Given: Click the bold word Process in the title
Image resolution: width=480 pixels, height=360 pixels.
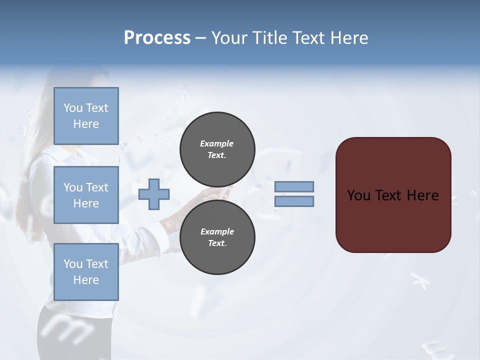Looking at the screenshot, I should [x=157, y=38].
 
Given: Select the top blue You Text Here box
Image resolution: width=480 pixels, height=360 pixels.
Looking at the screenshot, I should [x=86, y=116].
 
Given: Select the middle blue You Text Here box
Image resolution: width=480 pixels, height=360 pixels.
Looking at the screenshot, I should [x=86, y=195].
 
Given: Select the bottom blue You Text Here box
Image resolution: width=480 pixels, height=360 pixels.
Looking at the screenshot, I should [x=86, y=272].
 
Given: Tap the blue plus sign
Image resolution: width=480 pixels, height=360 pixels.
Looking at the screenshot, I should [x=154, y=194].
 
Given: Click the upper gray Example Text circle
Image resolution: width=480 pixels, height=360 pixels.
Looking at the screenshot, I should [x=217, y=149].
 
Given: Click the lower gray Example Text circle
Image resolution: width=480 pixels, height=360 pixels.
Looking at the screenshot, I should [x=217, y=237].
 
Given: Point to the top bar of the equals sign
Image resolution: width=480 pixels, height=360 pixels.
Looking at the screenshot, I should [x=294, y=187].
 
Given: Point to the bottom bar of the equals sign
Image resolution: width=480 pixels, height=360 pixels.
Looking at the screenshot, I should [x=294, y=201].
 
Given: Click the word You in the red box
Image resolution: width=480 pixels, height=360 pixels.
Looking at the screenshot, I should [x=358, y=195].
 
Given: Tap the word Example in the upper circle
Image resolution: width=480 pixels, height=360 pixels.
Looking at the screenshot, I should [x=217, y=143].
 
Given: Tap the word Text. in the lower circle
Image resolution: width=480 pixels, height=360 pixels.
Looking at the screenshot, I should [x=217, y=243].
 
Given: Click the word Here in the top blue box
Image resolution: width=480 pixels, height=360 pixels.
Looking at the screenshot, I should [x=86, y=124].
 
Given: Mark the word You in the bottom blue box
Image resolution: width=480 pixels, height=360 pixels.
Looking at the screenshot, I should [x=73, y=264].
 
